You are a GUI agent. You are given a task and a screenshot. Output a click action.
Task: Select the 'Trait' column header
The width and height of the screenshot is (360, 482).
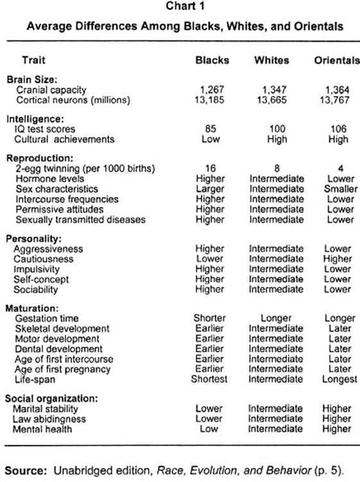click(x=33, y=60)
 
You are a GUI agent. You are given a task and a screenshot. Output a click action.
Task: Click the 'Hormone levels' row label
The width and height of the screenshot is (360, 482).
click(x=48, y=179)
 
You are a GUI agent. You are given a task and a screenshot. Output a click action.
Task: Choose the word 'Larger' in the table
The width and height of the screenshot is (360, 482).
click(x=211, y=189)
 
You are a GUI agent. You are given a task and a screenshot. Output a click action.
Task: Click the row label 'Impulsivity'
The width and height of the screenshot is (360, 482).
click(x=39, y=268)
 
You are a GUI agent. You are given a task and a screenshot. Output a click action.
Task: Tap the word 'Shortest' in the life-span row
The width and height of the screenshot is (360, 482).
click(x=211, y=379)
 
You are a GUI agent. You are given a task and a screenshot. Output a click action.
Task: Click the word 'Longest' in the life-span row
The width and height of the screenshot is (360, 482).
click(x=338, y=379)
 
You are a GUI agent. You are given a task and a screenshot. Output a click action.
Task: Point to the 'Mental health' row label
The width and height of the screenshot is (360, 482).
click(x=45, y=429)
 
